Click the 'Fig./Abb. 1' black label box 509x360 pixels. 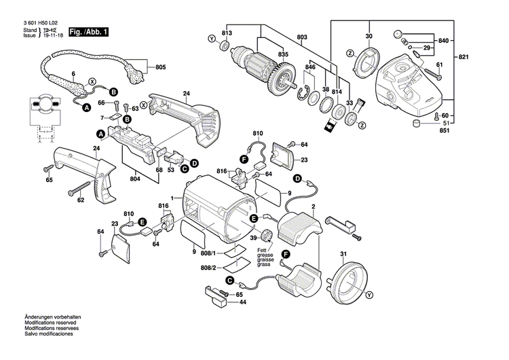[x=88, y=33]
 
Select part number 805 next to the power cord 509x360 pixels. [x=160, y=67]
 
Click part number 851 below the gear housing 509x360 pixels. [x=445, y=130]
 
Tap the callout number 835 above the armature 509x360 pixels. [x=264, y=54]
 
